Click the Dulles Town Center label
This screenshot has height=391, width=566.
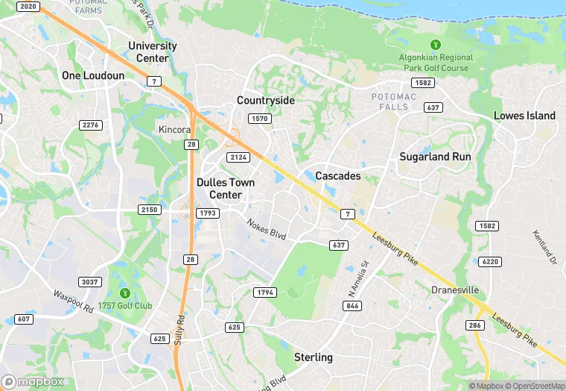(x=226, y=189)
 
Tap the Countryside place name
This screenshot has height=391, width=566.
(x=266, y=100)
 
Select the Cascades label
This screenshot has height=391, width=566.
(x=337, y=176)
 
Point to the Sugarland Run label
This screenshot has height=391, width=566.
(x=435, y=157)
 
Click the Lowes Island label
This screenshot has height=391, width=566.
(x=524, y=116)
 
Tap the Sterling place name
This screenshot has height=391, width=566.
(x=313, y=357)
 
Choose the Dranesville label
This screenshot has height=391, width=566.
(x=455, y=290)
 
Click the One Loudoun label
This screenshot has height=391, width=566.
(x=93, y=75)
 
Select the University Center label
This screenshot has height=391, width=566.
(x=153, y=51)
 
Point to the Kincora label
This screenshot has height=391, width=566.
(x=175, y=130)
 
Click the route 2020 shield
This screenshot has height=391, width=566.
(x=27, y=7)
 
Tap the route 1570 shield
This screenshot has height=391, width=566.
(x=260, y=119)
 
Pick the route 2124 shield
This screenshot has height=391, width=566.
(x=238, y=157)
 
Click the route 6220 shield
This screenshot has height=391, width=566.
(x=490, y=261)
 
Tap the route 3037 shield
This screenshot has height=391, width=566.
(x=90, y=281)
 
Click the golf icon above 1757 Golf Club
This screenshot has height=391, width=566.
(x=124, y=293)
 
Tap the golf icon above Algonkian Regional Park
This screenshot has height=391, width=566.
(x=436, y=45)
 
